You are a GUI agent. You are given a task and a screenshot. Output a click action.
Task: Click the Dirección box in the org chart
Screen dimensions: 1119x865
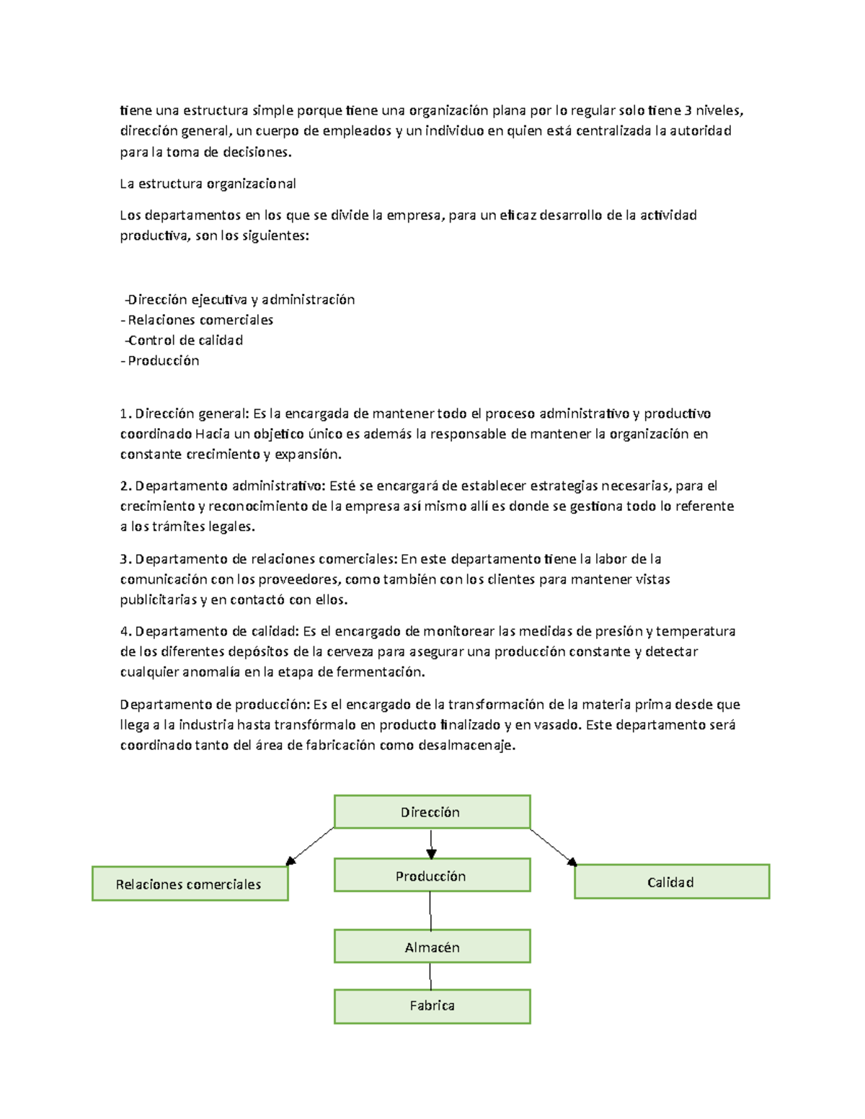tap(432, 812)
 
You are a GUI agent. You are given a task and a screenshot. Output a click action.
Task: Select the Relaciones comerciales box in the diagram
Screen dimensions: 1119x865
tap(190, 884)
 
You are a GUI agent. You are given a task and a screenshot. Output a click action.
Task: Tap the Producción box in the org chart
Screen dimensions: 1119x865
tap(432, 875)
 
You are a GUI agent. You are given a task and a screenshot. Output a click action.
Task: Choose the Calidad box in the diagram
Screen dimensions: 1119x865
tap(671, 882)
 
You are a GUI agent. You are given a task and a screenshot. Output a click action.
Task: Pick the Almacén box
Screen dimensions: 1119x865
tap(432, 947)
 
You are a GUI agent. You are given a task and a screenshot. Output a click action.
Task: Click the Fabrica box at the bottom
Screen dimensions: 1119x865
tap(432, 1006)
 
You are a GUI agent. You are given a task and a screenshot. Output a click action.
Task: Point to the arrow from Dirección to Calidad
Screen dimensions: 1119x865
tap(553, 847)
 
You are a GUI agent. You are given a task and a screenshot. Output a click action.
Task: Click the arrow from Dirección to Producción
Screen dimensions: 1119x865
tap(431, 844)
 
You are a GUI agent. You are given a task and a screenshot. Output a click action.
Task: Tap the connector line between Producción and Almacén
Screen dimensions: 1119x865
tap(430, 911)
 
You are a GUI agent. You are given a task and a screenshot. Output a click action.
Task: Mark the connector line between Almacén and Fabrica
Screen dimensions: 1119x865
tap(430, 976)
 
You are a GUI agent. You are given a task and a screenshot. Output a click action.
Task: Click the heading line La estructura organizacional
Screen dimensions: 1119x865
tap(208, 184)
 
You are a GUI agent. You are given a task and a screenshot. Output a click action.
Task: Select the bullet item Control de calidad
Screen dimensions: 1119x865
tap(185, 340)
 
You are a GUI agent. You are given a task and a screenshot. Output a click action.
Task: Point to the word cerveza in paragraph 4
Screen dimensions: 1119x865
tap(350, 651)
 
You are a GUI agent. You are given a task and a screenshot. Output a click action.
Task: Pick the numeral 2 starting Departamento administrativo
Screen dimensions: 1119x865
tap(124, 486)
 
